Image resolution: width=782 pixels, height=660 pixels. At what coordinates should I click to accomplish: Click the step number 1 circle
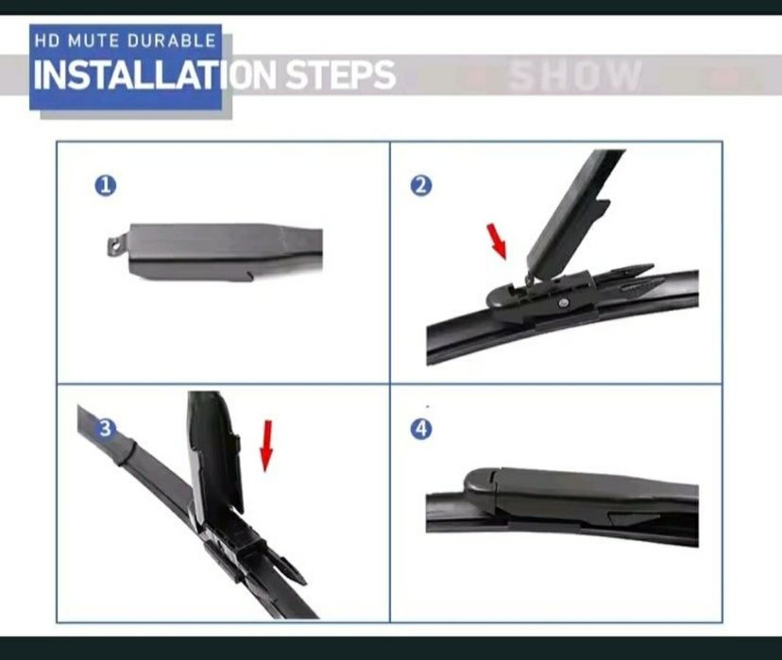pyautogui.click(x=105, y=186)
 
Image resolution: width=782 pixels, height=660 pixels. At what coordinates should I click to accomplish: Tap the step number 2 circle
pyautogui.click(x=421, y=186)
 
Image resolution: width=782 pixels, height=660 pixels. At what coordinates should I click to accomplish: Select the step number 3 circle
pyautogui.click(x=105, y=429)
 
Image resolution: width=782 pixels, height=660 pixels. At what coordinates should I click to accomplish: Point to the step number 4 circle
pyautogui.click(x=421, y=429)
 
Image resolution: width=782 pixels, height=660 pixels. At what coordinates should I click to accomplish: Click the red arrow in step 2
pyautogui.click(x=497, y=242)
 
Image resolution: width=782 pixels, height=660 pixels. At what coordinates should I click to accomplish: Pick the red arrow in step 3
pyautogui.click(x=267, y=446)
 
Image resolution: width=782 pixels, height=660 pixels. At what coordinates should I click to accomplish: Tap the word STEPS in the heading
pyautogui.click(x=341, y=75)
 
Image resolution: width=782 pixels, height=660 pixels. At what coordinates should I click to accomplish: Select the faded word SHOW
pyautogui.click(x=576, y=76)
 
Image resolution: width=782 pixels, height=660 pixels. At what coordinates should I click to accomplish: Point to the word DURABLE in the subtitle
pyautogui.click(x=172, y=41)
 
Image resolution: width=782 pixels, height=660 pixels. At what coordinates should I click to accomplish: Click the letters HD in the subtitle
pyautogui.click(x=47, y=41)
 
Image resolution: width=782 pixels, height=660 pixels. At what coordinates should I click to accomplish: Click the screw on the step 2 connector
pyautogui.click(x=564, y=302)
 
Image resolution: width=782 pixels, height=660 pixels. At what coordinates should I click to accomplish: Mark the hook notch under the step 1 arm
pyautogui.click(x=249, y=275)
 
